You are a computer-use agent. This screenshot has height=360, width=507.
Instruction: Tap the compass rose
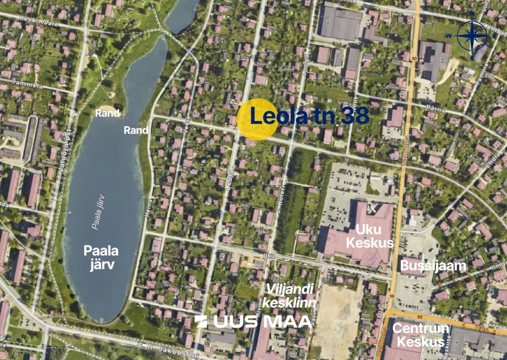(x=472, y=36)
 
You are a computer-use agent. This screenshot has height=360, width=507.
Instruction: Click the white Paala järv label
(x=99, y=257)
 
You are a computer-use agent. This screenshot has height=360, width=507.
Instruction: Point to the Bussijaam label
(x=433, y=265)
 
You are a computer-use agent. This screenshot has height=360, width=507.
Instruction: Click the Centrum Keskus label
(x=421, y=335)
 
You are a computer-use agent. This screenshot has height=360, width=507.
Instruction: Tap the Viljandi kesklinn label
(x=289, y=296)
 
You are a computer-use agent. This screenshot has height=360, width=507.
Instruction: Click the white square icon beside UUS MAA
(x=201, y=321)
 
